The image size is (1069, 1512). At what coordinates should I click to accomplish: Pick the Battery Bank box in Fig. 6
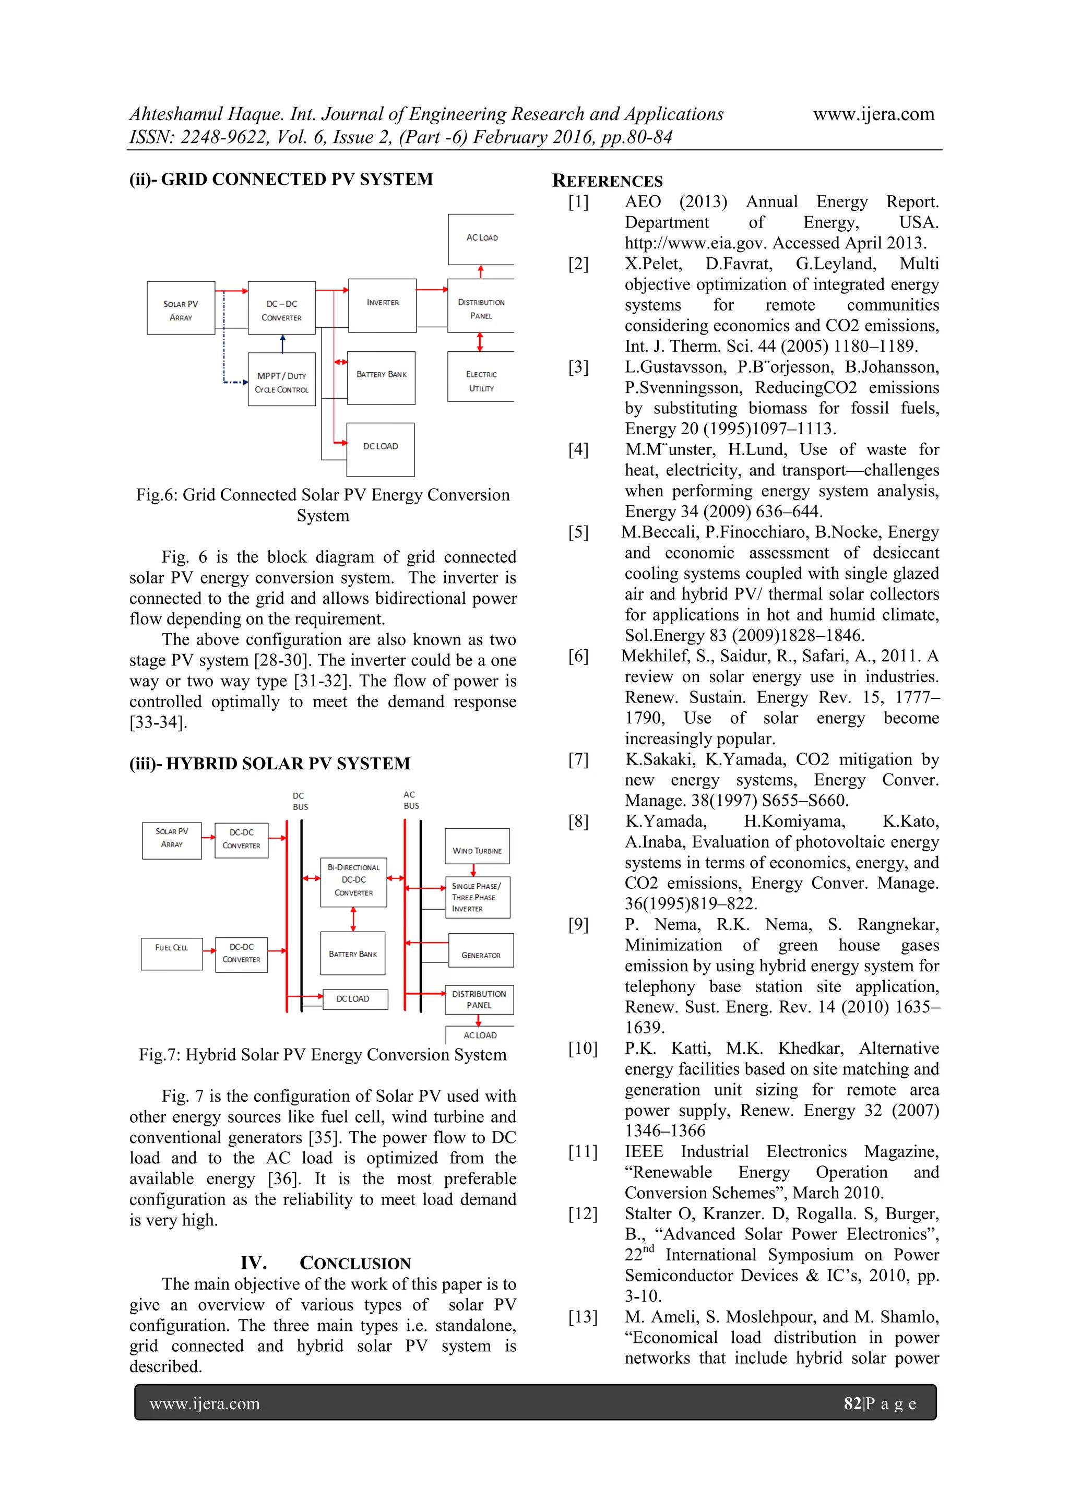tap(382, 377)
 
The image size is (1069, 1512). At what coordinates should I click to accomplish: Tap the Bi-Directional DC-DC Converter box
tap(354, 882)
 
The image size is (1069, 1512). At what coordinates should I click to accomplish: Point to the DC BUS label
tap(300, 801)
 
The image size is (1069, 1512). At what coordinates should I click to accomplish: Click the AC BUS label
tap(411, 800)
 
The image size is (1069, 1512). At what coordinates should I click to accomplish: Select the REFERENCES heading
tap(607, 181)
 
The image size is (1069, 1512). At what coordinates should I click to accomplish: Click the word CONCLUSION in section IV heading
tap(355, 1263)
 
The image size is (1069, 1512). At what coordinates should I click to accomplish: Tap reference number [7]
tap(578, 759)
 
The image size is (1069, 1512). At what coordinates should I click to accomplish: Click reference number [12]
tap(582, 1213)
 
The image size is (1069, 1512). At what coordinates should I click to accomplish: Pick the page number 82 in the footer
tap(852, 1403)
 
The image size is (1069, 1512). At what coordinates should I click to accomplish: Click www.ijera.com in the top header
tap(873, 114)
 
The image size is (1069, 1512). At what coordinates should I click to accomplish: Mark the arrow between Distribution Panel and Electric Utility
tap(480, 341)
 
